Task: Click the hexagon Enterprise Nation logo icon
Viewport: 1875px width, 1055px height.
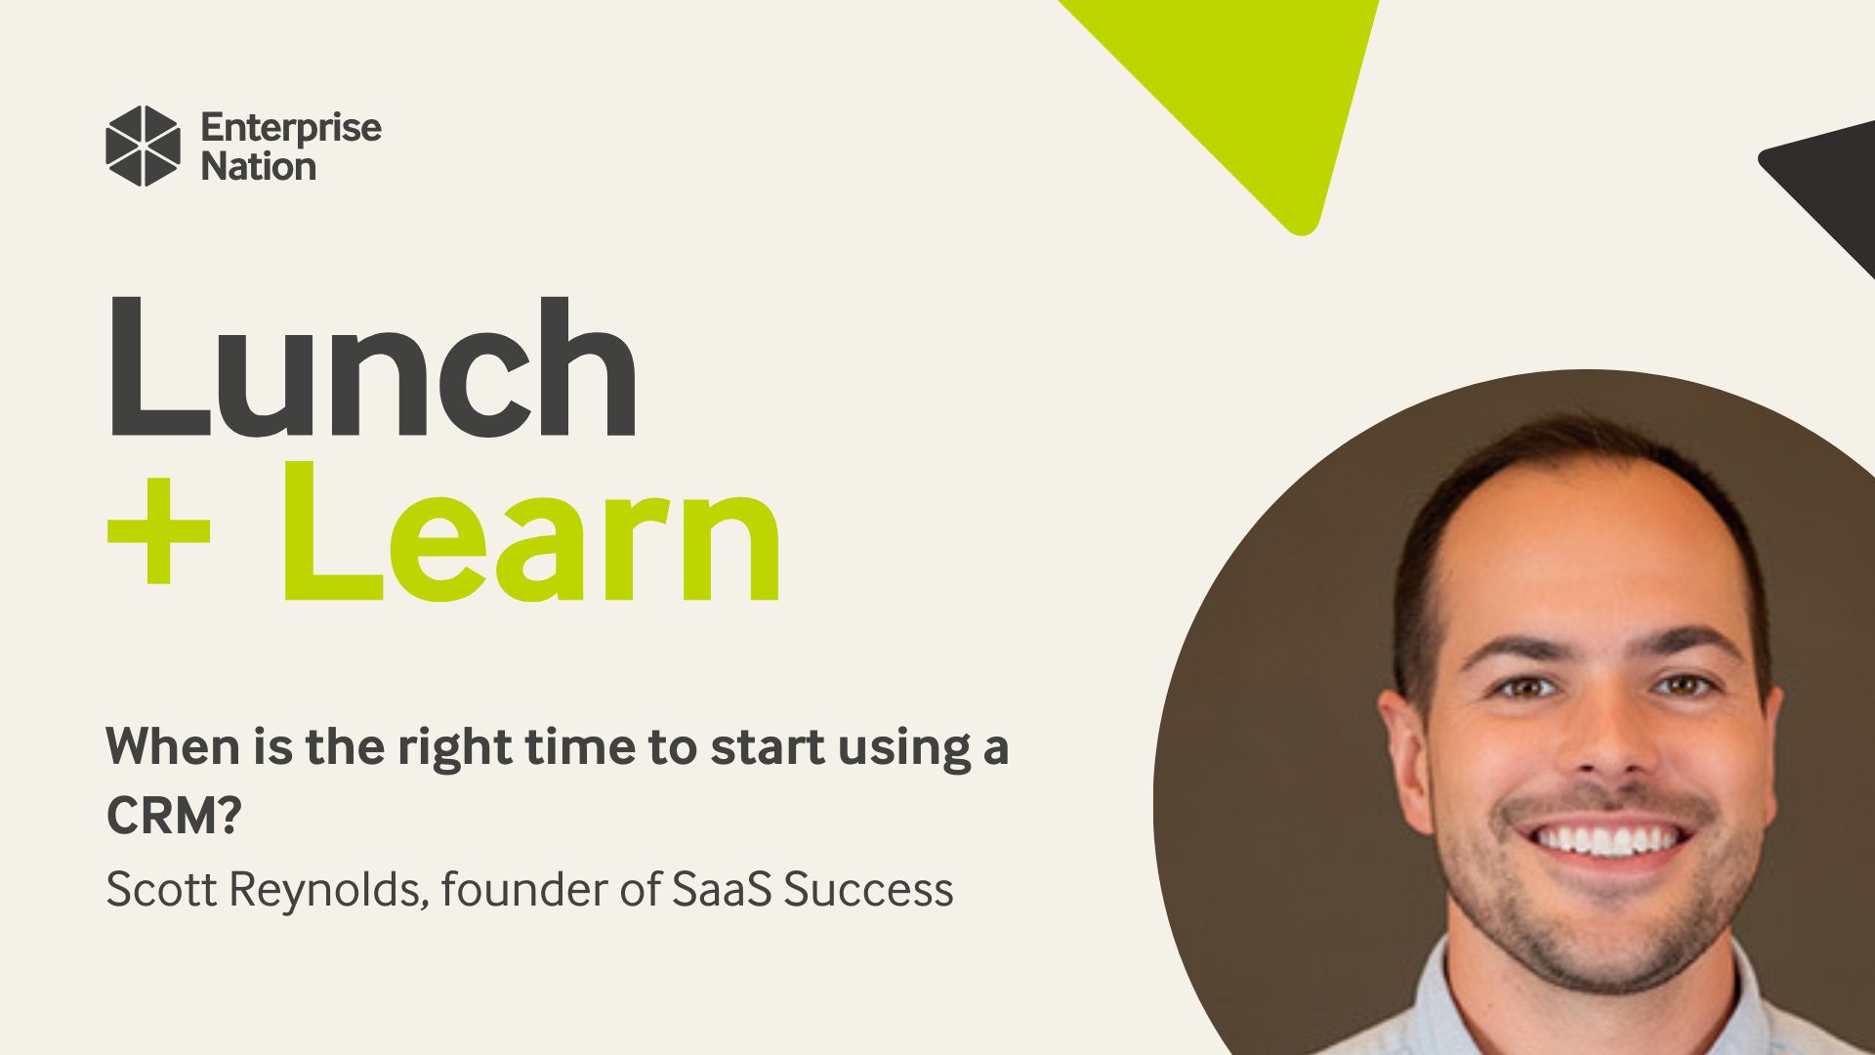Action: [x=143, y=146]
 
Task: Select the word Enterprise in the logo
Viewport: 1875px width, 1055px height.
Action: [x=291, y=129]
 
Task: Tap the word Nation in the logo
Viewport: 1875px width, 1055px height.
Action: [x=259, y=167]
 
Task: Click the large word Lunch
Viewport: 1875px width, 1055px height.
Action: [x=371, y=367]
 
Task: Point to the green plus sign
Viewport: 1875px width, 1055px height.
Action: [x=158, y=533]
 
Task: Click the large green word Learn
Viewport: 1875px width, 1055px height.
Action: [x=532, y=533]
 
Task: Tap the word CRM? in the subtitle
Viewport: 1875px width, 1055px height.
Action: [x=173, y=817]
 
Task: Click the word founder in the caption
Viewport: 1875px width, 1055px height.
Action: [x=525, y=889]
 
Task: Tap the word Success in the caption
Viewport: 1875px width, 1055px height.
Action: [x=868, y=889]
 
